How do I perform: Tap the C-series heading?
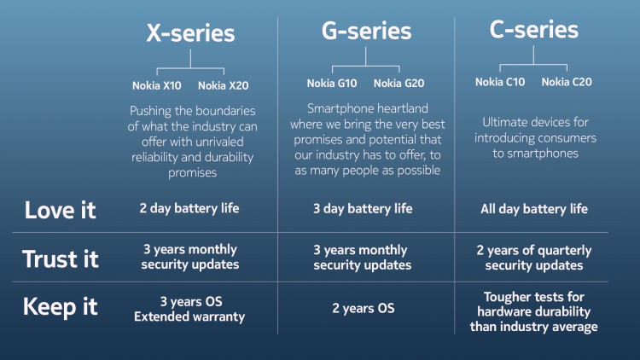tap(534, 30)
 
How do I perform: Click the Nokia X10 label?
tap(156, 85)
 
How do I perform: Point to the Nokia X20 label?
tap(223, 85)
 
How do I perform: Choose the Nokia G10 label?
tap(331, 83)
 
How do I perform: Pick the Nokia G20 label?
tap(398, 83)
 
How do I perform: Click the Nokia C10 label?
tap(501, 82)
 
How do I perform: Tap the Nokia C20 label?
tap(567, 82)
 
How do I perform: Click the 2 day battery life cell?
tap(190, 209)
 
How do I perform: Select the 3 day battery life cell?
tap(362, 209)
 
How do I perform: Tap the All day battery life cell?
tap(534, 209)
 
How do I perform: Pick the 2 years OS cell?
tap(362, 308)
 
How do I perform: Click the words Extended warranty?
tap(190, 317)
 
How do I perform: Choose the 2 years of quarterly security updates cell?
tap(534, 258)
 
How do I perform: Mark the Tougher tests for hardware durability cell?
tap(534, 311)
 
